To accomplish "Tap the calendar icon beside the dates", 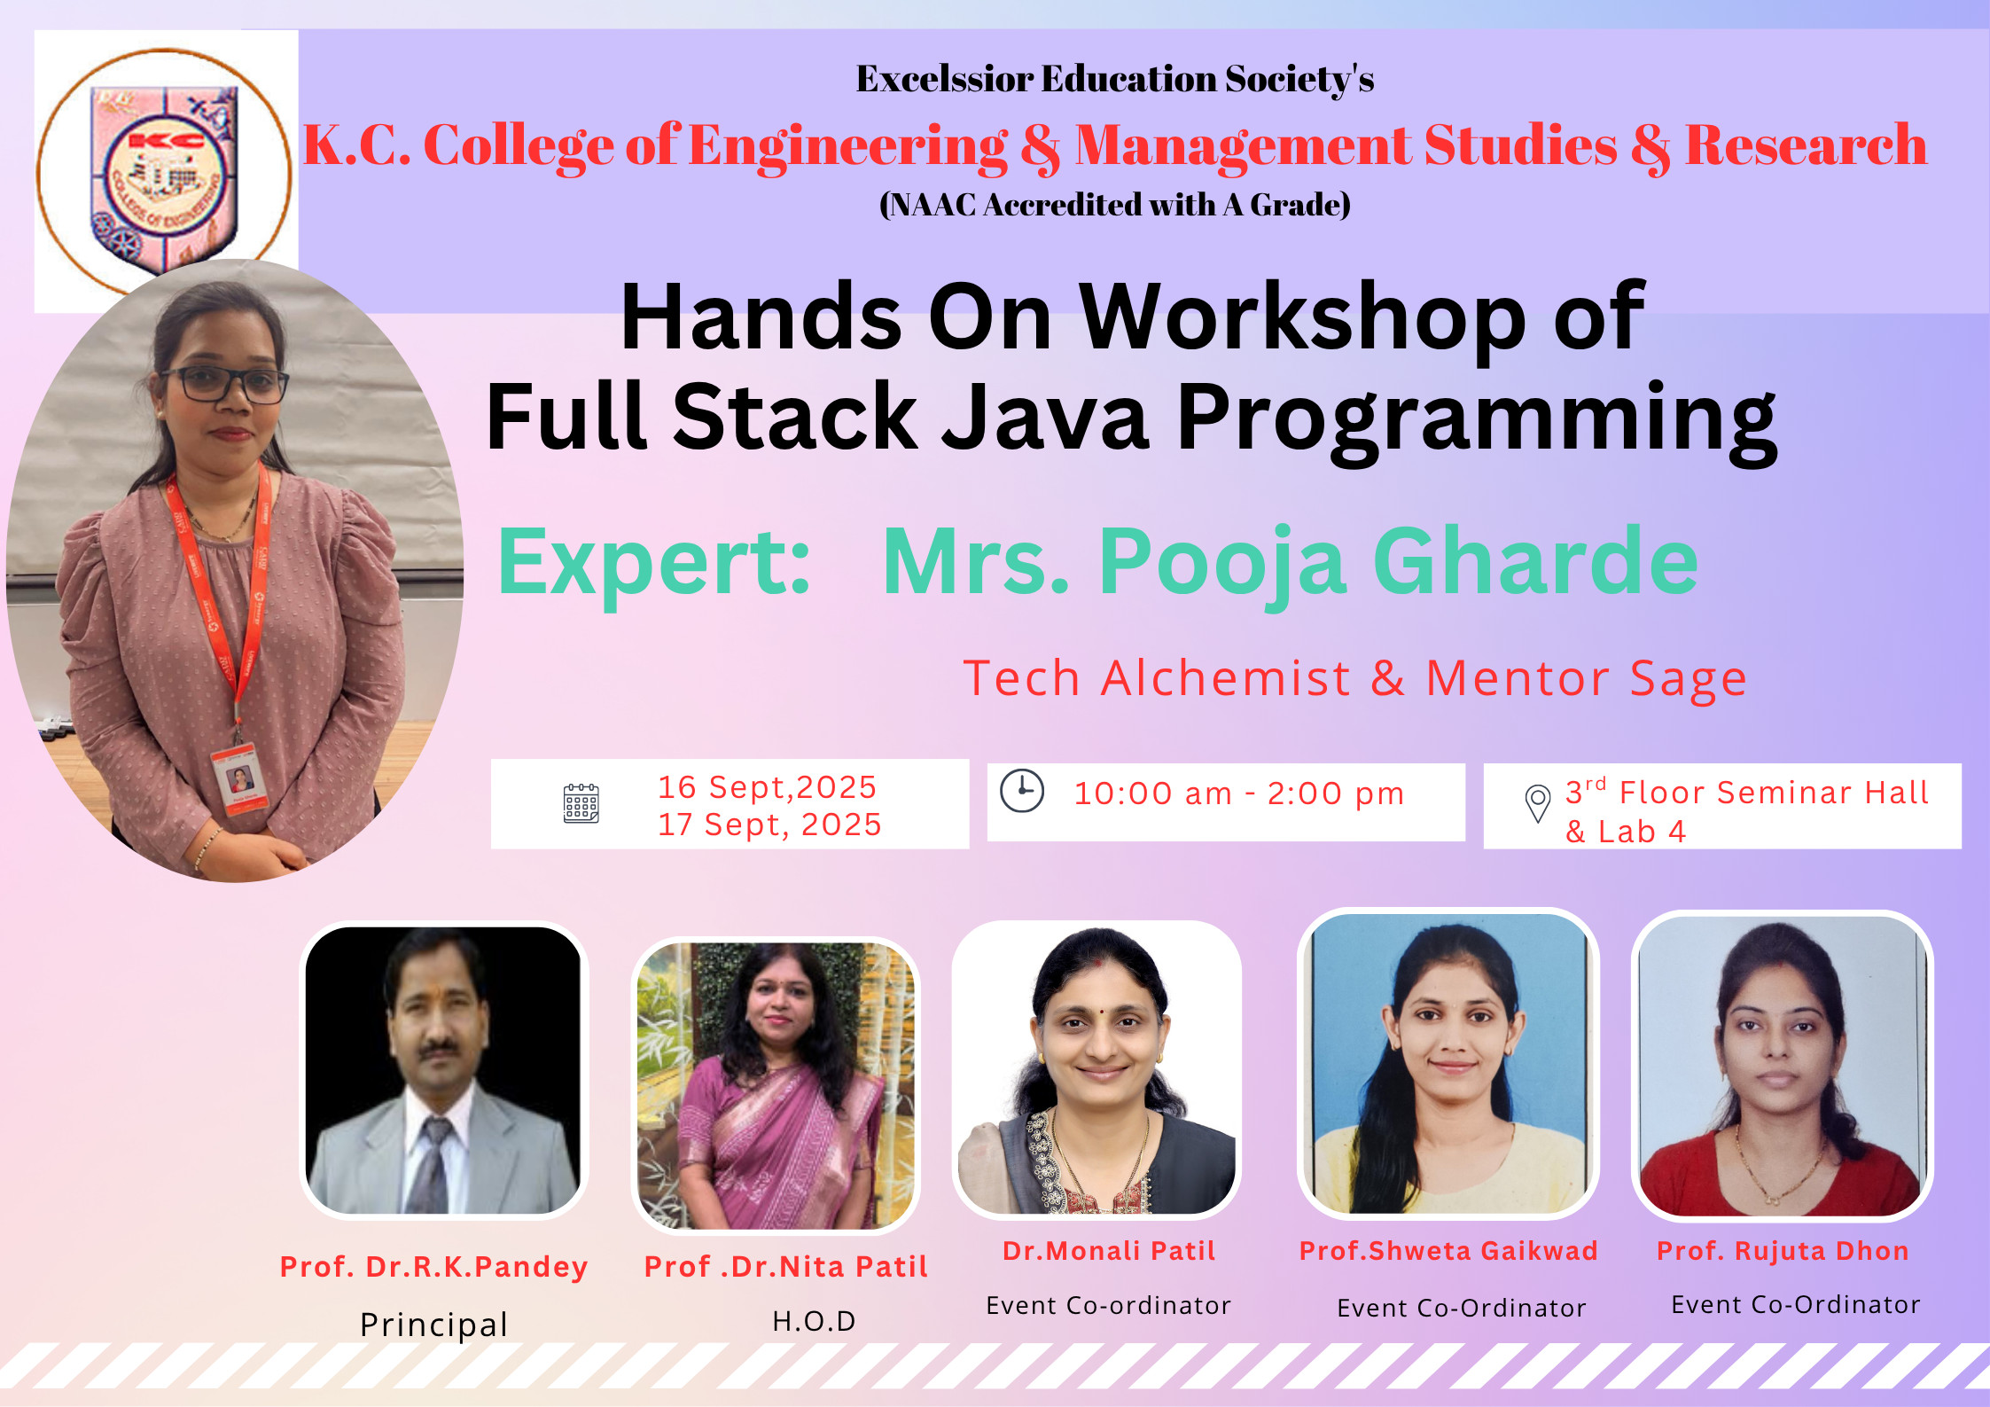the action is pos(581,803).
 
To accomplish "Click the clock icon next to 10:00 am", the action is pos(1022,790).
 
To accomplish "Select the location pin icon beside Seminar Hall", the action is pos(1537,803).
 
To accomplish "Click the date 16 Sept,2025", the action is pos(767,787).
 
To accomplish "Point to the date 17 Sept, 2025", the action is pos(769,825).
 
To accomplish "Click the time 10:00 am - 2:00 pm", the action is pos(1238,793).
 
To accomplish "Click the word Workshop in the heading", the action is pos(1303,317).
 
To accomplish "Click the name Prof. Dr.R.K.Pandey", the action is pos(433,1267).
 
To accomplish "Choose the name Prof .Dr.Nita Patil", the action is pos(785,1267).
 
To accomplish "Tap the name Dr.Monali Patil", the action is pos(1108,1251).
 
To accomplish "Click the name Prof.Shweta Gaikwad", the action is pos(1448,1251).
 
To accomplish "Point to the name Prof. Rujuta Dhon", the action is pos(1783,1251).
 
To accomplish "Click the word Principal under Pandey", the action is pos(433,1325).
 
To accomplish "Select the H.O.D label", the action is pos(814,1321).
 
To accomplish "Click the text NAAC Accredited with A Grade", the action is pos(1115,205).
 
